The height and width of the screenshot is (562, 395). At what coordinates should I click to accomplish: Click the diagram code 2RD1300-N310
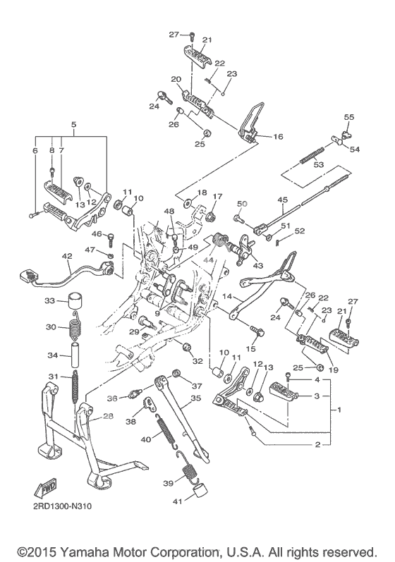pos(63,506)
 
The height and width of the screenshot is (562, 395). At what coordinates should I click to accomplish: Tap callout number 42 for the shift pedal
pos(67,256)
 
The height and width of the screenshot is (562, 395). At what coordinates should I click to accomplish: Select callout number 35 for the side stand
pos(195,398)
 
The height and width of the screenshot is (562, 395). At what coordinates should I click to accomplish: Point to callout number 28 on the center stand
pos(108,416)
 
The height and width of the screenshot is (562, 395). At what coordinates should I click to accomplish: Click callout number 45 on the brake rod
pos(283,200)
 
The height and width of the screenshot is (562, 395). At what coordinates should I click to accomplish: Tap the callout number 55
pos(348,117)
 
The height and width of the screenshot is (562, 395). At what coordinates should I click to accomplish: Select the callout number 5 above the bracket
pos(74,125)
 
